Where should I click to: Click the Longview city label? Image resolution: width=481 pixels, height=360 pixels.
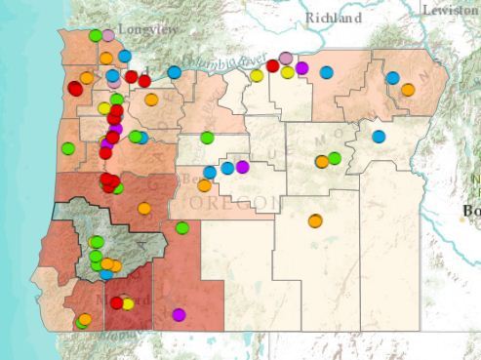[147, 30]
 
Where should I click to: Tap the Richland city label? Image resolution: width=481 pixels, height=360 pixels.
[333, 18]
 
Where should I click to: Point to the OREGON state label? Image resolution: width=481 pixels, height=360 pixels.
[221, 202]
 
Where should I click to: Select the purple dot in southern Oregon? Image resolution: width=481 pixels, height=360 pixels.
[179, 314]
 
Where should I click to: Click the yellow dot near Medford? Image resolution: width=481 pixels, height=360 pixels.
[128, 303]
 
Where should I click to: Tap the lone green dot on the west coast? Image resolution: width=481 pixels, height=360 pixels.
[68, 148]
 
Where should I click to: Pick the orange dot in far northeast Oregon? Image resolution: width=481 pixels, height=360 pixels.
[408, 90]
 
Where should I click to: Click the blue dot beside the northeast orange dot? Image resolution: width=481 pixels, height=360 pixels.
[392, 78]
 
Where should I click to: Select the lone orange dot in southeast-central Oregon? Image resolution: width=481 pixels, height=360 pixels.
[315, 220]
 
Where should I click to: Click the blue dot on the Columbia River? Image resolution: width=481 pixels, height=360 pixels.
[174, 71]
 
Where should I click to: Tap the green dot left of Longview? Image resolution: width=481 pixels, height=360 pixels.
[96, 36]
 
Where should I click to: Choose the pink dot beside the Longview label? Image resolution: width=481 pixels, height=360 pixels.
[108, 35]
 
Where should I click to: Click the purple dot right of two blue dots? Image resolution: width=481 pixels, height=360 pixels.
[242, 167]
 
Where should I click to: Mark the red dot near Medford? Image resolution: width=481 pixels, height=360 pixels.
[116, 302]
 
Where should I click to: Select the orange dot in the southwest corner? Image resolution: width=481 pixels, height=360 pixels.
[85, 319]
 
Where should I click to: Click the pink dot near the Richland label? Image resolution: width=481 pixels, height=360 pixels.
[286, 59]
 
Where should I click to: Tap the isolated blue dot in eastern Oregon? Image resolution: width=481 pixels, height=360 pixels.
[379, 137]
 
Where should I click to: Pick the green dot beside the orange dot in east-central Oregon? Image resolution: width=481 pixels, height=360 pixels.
[335, 158]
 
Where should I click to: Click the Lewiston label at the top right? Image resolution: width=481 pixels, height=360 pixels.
[451, 9]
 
